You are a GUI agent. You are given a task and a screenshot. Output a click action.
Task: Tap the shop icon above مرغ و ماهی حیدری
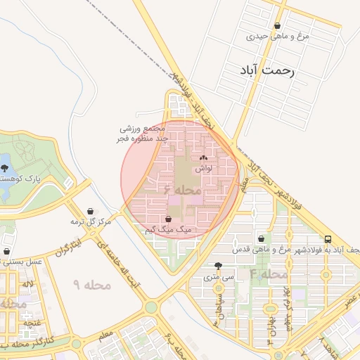click(x=278, y=25)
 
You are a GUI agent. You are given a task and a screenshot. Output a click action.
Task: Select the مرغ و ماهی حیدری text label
click(x=278, y=36)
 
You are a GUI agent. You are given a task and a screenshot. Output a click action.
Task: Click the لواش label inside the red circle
click(x=204, y=169)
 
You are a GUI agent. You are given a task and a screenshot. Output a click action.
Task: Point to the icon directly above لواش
click(x=204, y=158)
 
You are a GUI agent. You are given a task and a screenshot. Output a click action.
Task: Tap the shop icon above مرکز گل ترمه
click(x=91, y=211)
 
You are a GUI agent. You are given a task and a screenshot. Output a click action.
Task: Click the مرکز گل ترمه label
click(x=91, y=222)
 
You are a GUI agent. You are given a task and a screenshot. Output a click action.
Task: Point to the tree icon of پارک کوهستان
click(x=6, y=168)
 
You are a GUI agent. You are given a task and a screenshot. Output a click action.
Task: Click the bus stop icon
click(x=328, y=239)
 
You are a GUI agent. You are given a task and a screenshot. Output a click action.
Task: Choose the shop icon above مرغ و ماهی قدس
click(x=262, y=239)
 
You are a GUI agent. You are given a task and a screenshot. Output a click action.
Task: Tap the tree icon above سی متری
click(x=219, y=266)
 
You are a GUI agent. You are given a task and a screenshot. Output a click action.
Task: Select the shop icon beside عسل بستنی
click(x=6, y=251)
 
